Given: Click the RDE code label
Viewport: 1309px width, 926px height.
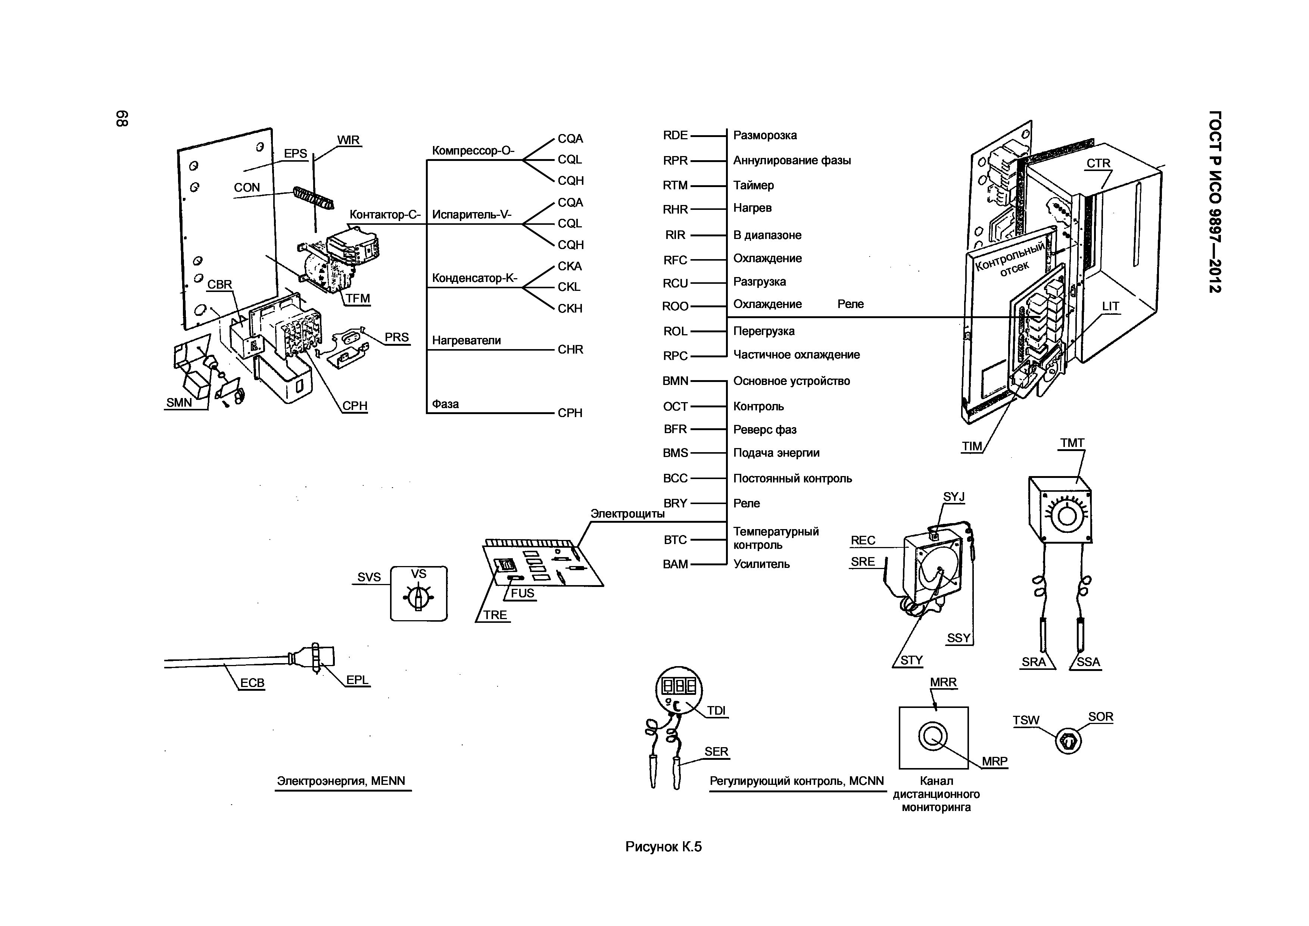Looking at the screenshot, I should [x=675, y=135].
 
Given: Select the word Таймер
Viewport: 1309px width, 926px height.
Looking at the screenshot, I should [x=753, y=185].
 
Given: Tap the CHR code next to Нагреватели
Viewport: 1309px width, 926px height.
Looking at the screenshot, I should [x=570, y=349].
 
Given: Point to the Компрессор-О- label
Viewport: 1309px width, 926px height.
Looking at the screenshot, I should [x=473, y=150].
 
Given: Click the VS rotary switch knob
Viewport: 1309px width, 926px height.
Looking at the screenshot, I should [x=418, y=597].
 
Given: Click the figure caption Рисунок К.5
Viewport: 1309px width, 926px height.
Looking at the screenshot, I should [x=663, y=847].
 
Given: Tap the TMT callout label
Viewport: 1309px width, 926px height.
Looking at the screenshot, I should [x=1072, y=443].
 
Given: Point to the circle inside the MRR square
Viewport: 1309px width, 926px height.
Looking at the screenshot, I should [x=933, y=736].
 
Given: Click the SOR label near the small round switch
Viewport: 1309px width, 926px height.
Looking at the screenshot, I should [x=1100, y=717].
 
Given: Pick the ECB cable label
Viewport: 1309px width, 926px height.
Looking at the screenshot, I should [x=252, y=683].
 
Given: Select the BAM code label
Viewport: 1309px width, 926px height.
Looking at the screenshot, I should [x=675, y=564].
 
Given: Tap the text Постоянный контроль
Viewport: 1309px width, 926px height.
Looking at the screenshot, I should [x=792, y=478].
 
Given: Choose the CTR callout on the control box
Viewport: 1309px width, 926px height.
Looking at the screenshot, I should [x=1098, y=163].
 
